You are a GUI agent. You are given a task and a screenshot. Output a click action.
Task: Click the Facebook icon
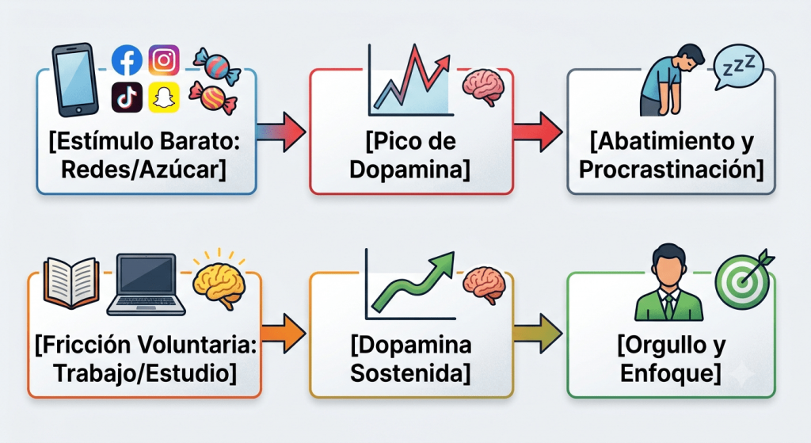click(127, 60)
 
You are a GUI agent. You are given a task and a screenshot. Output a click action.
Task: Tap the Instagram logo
click(164, 60)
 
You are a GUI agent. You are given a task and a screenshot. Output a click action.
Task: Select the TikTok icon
click(127, 97)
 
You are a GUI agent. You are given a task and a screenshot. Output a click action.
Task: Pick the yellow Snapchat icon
click(164, 97)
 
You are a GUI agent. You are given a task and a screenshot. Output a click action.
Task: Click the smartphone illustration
click(75, 80)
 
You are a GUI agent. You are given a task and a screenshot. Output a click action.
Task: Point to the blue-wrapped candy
click(217, 67)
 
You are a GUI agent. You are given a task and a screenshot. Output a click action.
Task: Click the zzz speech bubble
click(737, 67)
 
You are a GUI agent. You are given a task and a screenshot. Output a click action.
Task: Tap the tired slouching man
click(670, 80)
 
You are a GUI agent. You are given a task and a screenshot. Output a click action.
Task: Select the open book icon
click(71, 283)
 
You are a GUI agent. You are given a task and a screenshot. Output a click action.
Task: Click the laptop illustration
click(146, 285)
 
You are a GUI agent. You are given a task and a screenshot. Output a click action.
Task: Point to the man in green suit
click(668, 283)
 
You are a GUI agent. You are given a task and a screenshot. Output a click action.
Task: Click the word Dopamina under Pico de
click(409, 170)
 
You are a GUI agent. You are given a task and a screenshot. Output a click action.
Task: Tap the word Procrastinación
click(671, 170)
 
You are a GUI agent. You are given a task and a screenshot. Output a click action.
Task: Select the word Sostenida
click(410, 372)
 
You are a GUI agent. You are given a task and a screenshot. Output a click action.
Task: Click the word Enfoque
click(670, 372)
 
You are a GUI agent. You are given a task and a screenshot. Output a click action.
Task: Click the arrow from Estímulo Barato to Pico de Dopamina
click(281, 132)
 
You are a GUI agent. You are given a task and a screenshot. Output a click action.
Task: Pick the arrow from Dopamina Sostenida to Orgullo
click(538, 334)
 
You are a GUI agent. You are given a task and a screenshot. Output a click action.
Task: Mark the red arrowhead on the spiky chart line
click(442, 63)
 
